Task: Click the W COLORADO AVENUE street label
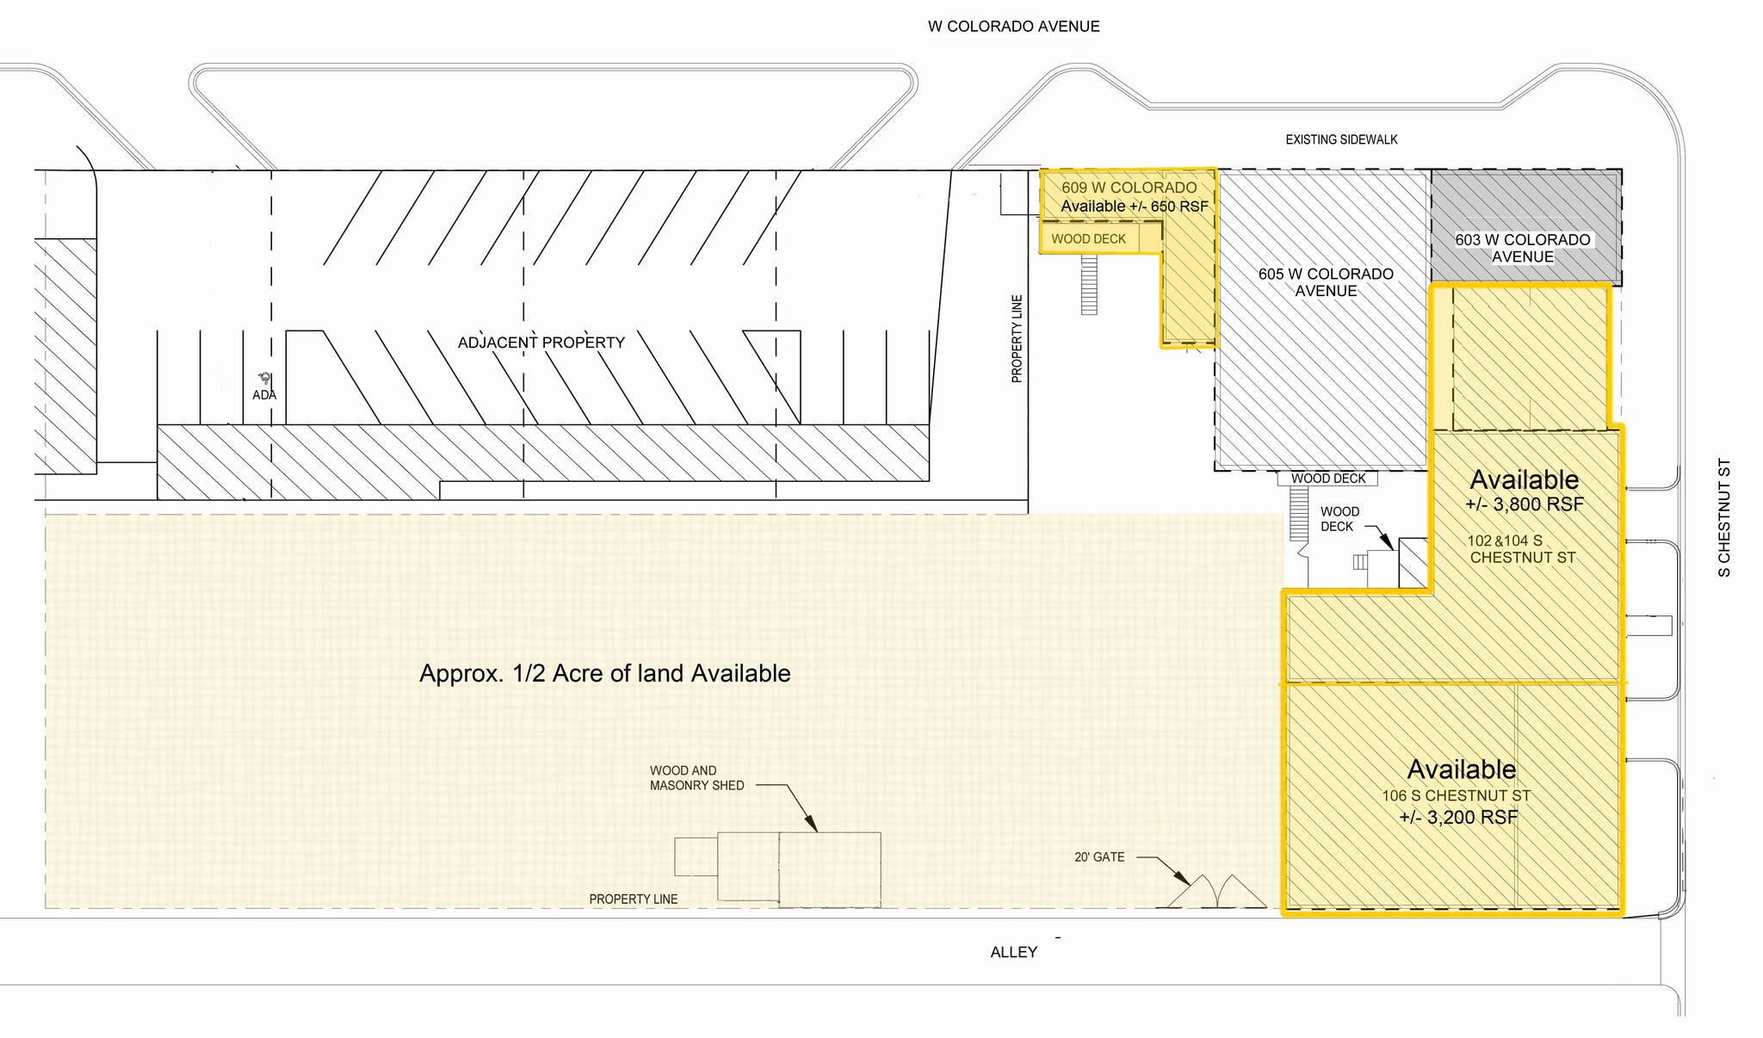[1013, 27]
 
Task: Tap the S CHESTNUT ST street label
[1723, 517]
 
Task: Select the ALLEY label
[1013, 952]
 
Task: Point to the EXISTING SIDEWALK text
[1341, 139]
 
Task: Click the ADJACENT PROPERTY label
[541, 343]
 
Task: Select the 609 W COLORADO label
[1129, 188]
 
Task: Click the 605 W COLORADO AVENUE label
[1326, 282]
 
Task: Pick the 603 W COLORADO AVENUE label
[1522, 248]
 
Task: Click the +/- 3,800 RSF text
[1524, 504]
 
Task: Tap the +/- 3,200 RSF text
[1458, 818]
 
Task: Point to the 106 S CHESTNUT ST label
[1456, 796]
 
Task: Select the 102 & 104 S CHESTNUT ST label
[1521, 549]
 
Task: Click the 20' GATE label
[1099, 857]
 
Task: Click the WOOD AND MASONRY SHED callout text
[696, 778]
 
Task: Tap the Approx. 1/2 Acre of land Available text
[604, 673]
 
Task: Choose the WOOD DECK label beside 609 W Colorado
[1088, 239]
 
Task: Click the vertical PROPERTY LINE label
[1017, 339]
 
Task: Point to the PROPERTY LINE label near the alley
[633, 899]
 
